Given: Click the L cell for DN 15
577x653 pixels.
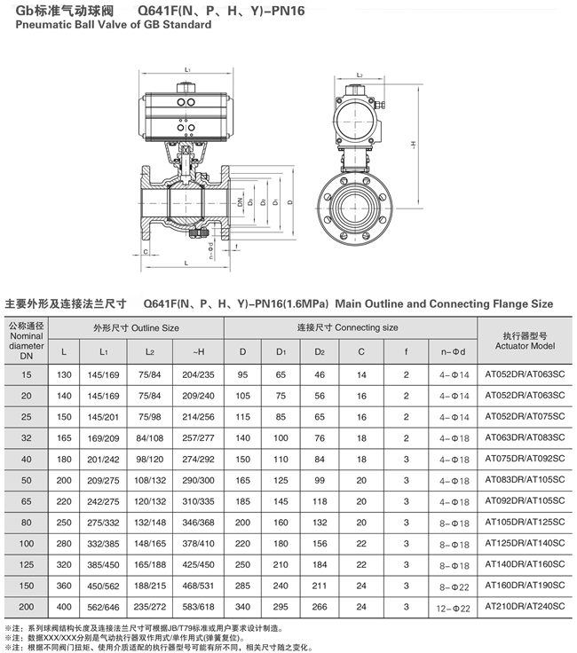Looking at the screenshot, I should coord(64,374).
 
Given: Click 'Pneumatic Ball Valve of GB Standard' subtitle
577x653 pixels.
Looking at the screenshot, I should coord(109,26).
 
